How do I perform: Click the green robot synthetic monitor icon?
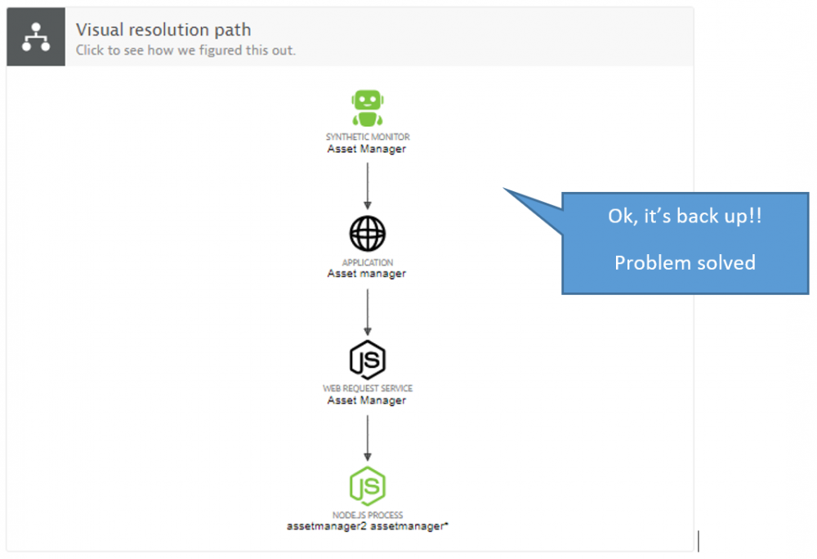[367, 108]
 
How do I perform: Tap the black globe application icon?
[367, 235]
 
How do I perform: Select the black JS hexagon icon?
[367, 360]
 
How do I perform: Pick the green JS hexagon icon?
[367, 487]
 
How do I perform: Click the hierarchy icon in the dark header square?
[35, 37]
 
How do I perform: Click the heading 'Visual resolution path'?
[163, 30]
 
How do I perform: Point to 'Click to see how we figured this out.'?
[185, 51]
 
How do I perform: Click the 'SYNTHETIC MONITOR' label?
[367, 137]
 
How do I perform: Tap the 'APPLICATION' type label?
[367, 263]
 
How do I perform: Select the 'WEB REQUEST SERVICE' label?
[367, 389]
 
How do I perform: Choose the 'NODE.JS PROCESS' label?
[367, 516]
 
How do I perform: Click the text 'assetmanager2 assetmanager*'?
[367, 527]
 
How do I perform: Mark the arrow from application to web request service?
[367, 311]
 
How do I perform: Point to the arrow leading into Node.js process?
[367, 438]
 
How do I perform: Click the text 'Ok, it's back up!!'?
[685, 217]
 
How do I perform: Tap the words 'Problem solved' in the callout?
[685, 263]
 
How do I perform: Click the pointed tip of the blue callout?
[505, 190]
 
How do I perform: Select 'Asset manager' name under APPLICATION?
[367, 275]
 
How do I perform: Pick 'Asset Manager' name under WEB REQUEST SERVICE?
[367, 400]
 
